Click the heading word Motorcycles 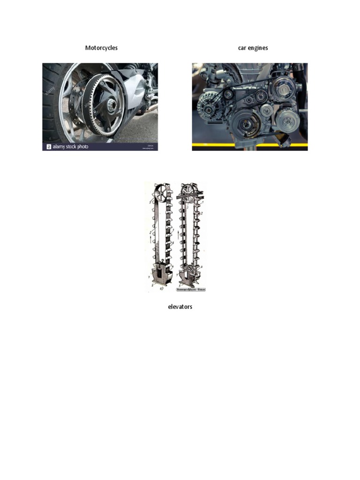[101, 48]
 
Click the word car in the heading [242, 48]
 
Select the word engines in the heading [258, 48]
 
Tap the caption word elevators [180, 307]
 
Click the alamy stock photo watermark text [68, 147]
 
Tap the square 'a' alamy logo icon [47, 147]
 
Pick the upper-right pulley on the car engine [284, 87]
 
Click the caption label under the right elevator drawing [191, 289]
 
